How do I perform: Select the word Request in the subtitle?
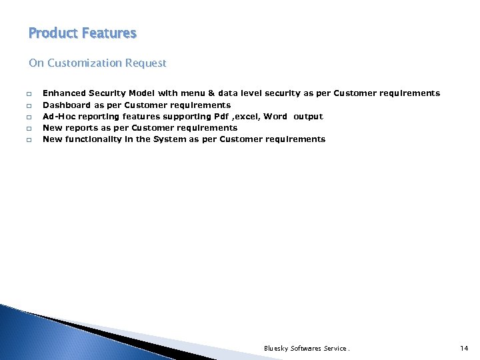pyautogui.click(x=148, y=63)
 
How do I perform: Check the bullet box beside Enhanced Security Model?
pyautogui.click(x=30, y=94)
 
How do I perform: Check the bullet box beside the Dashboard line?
pyautogui.click(x=30, y=105)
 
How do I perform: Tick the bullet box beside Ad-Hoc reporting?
pyautogui.click(x=30, y=117)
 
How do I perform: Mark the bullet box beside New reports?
pyautogui.click(x=30, y=128)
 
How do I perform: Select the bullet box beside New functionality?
pyautogui.click(x=30, y=139)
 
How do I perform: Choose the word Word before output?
pyautogui.click(x=275, y=116)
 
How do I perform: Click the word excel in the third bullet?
pyautogui.click(x=246, y=116)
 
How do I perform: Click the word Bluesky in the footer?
pyautogui.click(x=276, y=348)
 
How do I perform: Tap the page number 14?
pyautogui.click(x=465, y=348)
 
